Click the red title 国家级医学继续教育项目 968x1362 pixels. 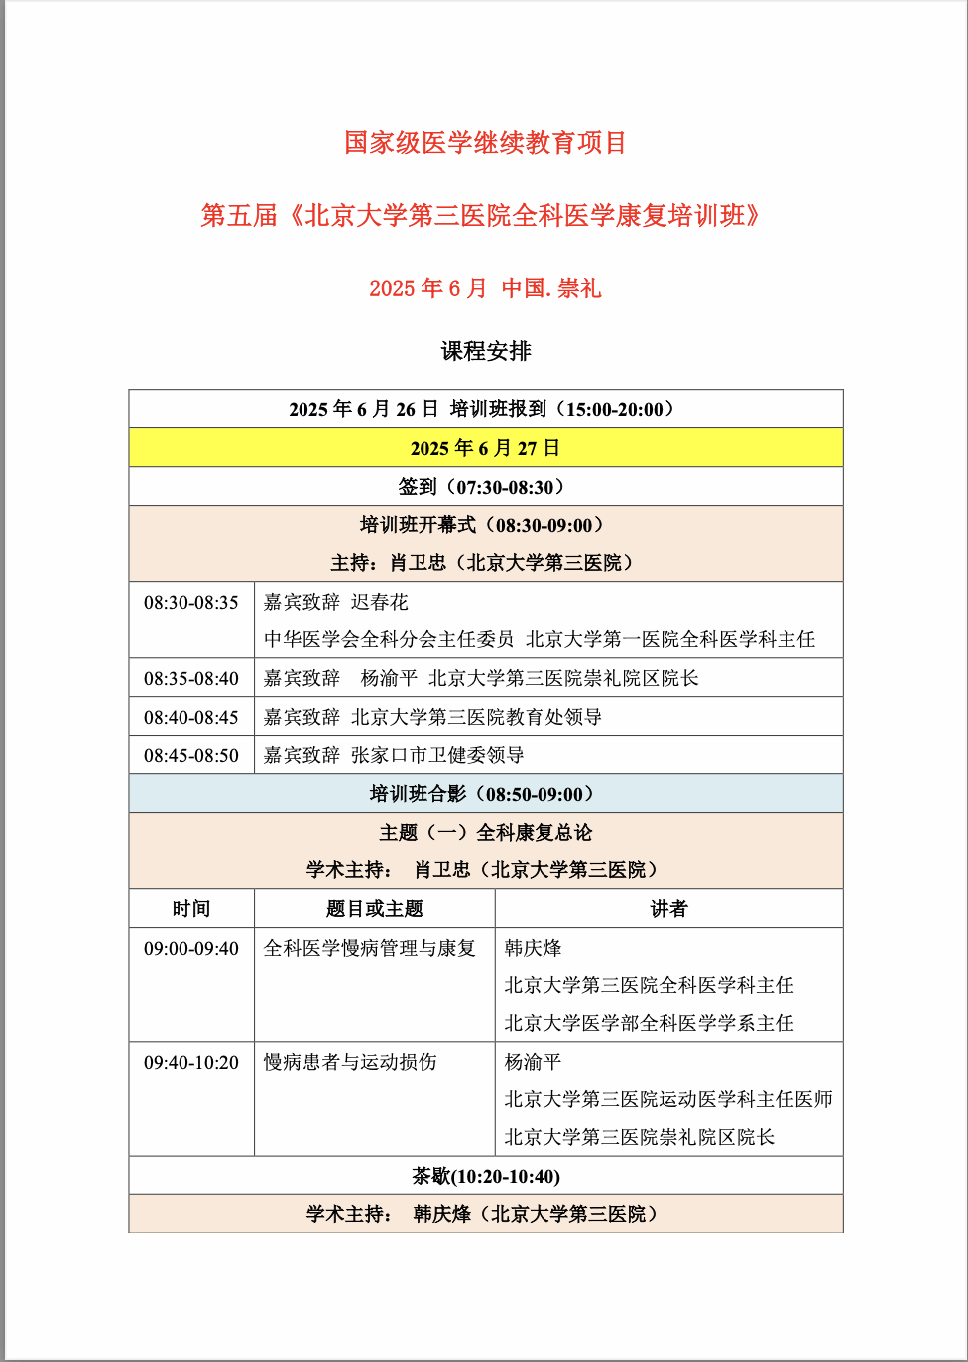coord(485,143)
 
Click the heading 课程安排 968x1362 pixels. coord(486,351)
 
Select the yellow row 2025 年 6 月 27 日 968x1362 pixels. coord(486,448)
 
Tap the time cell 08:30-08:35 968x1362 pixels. coord(191,603)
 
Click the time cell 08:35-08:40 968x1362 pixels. coord(191,679)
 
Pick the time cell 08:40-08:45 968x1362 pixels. coord(191,717)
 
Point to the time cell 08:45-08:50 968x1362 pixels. coord(191,755)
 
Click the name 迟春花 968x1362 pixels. coord(380,603)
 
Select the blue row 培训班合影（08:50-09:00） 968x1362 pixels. coord(486,794)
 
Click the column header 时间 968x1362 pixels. coord(191,909)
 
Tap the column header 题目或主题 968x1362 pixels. coord(375,909)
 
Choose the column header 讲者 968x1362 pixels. coord(668,909)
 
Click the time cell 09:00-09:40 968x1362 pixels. coord(191,949)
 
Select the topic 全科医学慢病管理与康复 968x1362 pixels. coord(369,949)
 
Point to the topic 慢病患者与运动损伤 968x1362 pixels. coord(350,1063)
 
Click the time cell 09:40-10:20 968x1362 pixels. coord(191,1063)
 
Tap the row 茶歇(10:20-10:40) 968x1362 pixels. coord(486,1177)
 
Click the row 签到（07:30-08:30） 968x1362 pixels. coord(486,487)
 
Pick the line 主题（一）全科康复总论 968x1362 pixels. coord(486,833)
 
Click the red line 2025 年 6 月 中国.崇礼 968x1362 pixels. coord(485,288)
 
